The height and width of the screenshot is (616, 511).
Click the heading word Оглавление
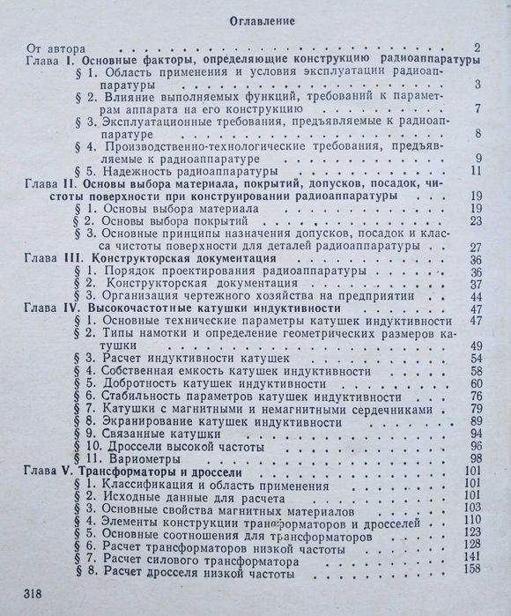(255, 19)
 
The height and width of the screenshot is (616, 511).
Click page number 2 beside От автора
(476, 48)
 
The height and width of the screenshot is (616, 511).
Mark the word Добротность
(140, 383)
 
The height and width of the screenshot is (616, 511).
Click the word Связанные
(134, 434)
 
